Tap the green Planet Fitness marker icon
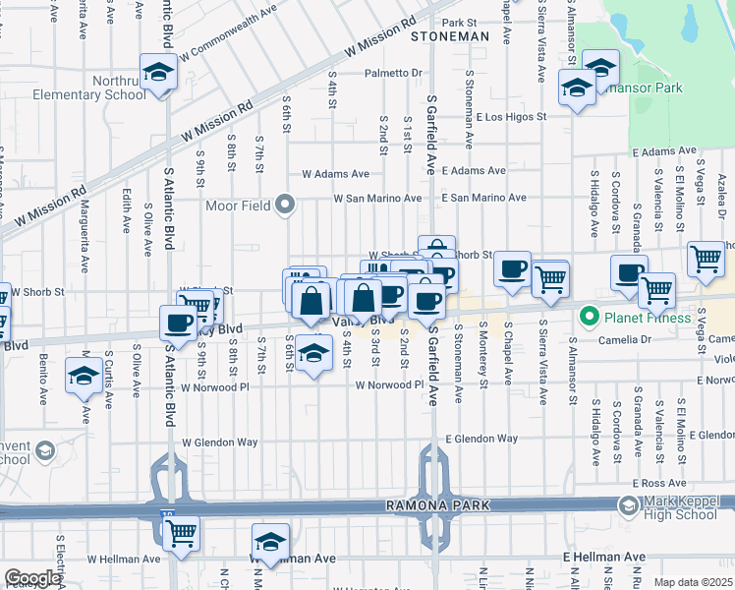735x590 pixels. (x=590, y=317)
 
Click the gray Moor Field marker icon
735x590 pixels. (x=285, y=206)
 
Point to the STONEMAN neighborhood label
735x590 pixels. (x=450, y=35)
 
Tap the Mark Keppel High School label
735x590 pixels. (x=682, y=507)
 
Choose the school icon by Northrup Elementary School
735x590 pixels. (x=157, y=72)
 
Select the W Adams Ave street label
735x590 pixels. (x=335, y=173)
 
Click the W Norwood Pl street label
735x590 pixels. (x=389, y=385)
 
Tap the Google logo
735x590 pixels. (x=32, y=578)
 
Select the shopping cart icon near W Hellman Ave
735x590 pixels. (x=181, y=532)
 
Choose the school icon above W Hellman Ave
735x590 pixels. (x=271, y=541)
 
